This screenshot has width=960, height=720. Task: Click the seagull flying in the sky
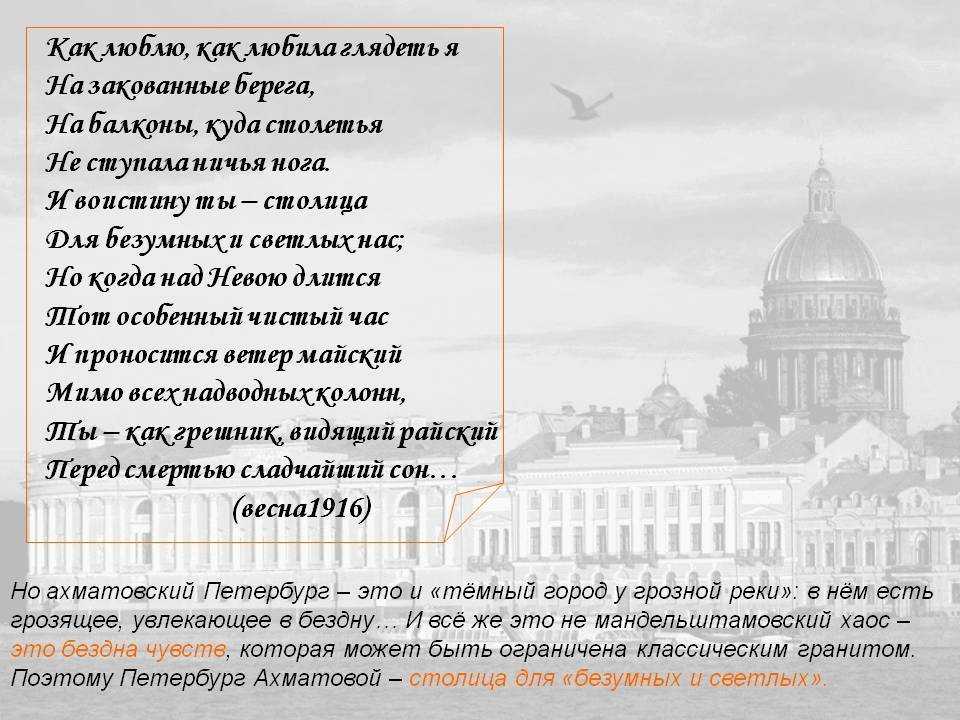point(582,100)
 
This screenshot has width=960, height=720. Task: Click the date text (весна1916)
point(302,509)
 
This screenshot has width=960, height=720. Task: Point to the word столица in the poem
point(315,201)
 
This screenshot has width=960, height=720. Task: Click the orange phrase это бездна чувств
point(118,649)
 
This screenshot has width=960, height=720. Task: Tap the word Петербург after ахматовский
point(266,591)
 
